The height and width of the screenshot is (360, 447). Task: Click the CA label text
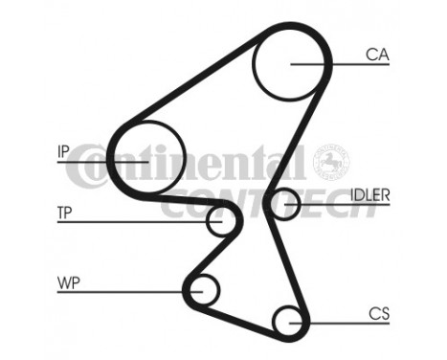(376, 55)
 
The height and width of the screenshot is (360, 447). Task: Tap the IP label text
(64, 150)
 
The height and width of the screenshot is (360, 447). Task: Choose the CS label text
(378, 312)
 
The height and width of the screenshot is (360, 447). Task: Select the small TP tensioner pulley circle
(220, 221)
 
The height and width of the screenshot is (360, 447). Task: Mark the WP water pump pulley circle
(204, 288)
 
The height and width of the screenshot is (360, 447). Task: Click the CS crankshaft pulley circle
(286, 320)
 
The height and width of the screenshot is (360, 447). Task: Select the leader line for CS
(335, 321)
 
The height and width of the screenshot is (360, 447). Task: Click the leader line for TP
(144, 221)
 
